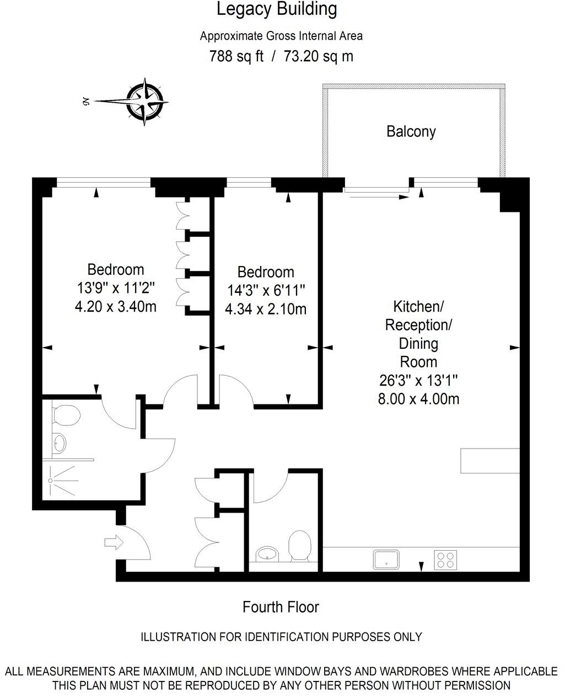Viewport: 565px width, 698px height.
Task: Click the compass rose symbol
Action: coord(146,102)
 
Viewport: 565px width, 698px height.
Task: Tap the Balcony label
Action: coord(411,131)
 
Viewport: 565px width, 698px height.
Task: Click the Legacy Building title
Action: coord(276,9)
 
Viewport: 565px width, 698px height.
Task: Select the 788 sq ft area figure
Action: coord(236,56)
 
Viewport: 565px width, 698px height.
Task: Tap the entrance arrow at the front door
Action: coord(115,542)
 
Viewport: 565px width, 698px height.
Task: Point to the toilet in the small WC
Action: coord(300,545)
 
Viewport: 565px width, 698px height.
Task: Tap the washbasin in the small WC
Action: coord(268,553)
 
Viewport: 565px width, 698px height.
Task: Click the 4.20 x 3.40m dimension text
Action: coord(115,306)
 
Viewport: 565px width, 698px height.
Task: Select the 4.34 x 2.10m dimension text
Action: coord(266,309)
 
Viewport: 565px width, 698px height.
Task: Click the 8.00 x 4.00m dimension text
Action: coord(418,399)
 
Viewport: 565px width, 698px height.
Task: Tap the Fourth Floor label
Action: coord(281,607)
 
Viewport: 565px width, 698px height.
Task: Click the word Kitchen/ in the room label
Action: coord(418,306)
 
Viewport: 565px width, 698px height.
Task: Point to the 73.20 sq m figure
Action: coord(318,56)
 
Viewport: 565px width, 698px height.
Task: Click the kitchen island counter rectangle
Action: coord(489,461)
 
